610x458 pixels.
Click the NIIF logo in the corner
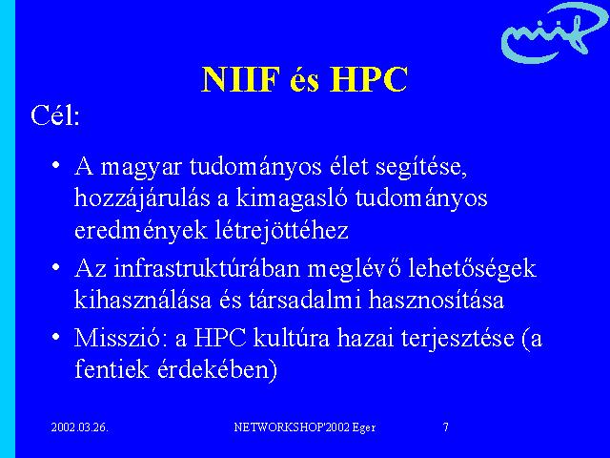[553, 33]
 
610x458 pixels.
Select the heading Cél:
[55, 115]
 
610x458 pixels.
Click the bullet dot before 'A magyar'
[56, 164]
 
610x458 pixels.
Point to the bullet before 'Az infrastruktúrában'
[56, 267]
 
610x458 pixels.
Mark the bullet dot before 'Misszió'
[56, 336]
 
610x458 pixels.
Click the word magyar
[141, 168]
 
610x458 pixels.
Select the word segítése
[421, 168]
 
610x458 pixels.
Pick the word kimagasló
[291, 198]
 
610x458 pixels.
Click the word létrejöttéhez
[281, 231]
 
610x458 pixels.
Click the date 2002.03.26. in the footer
[79, 427]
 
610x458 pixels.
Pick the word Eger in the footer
[364, 427]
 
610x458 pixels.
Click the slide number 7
[446, 427]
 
